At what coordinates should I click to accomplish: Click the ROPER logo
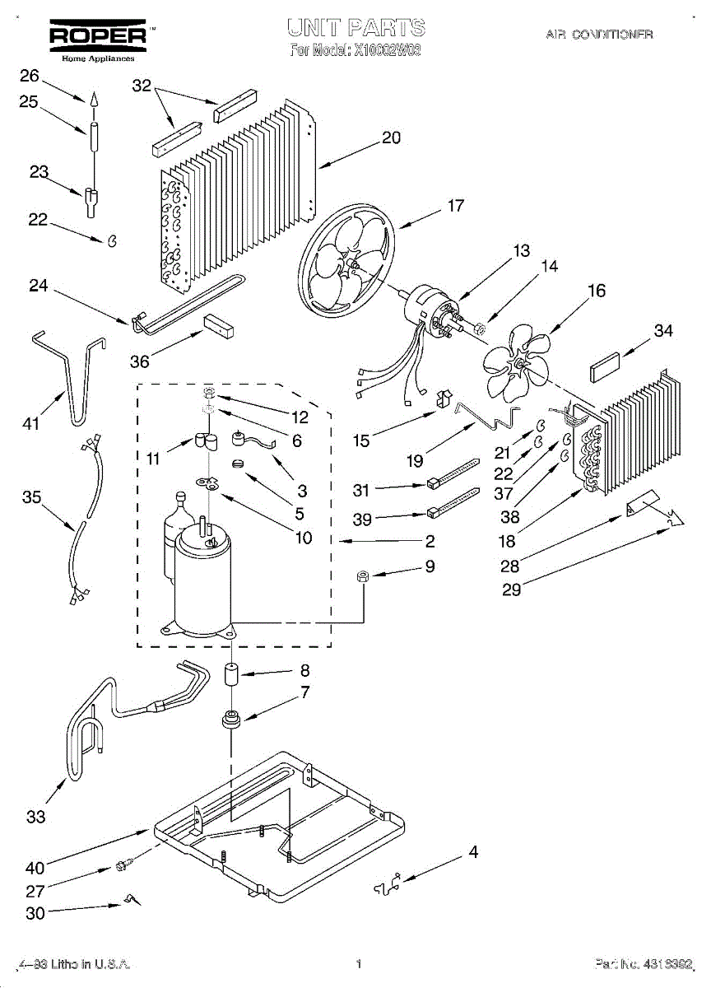tap(98, 35)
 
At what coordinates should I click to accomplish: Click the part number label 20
tap(391, 137)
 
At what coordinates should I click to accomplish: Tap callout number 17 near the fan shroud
tap(455, 206)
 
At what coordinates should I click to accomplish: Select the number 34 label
tap(663, 330)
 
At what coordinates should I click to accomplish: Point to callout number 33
tap(35, 817)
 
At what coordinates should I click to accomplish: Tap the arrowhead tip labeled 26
tap(94, 100)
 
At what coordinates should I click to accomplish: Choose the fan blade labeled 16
tap(514, 362)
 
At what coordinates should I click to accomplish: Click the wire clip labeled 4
tap(388, 885)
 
